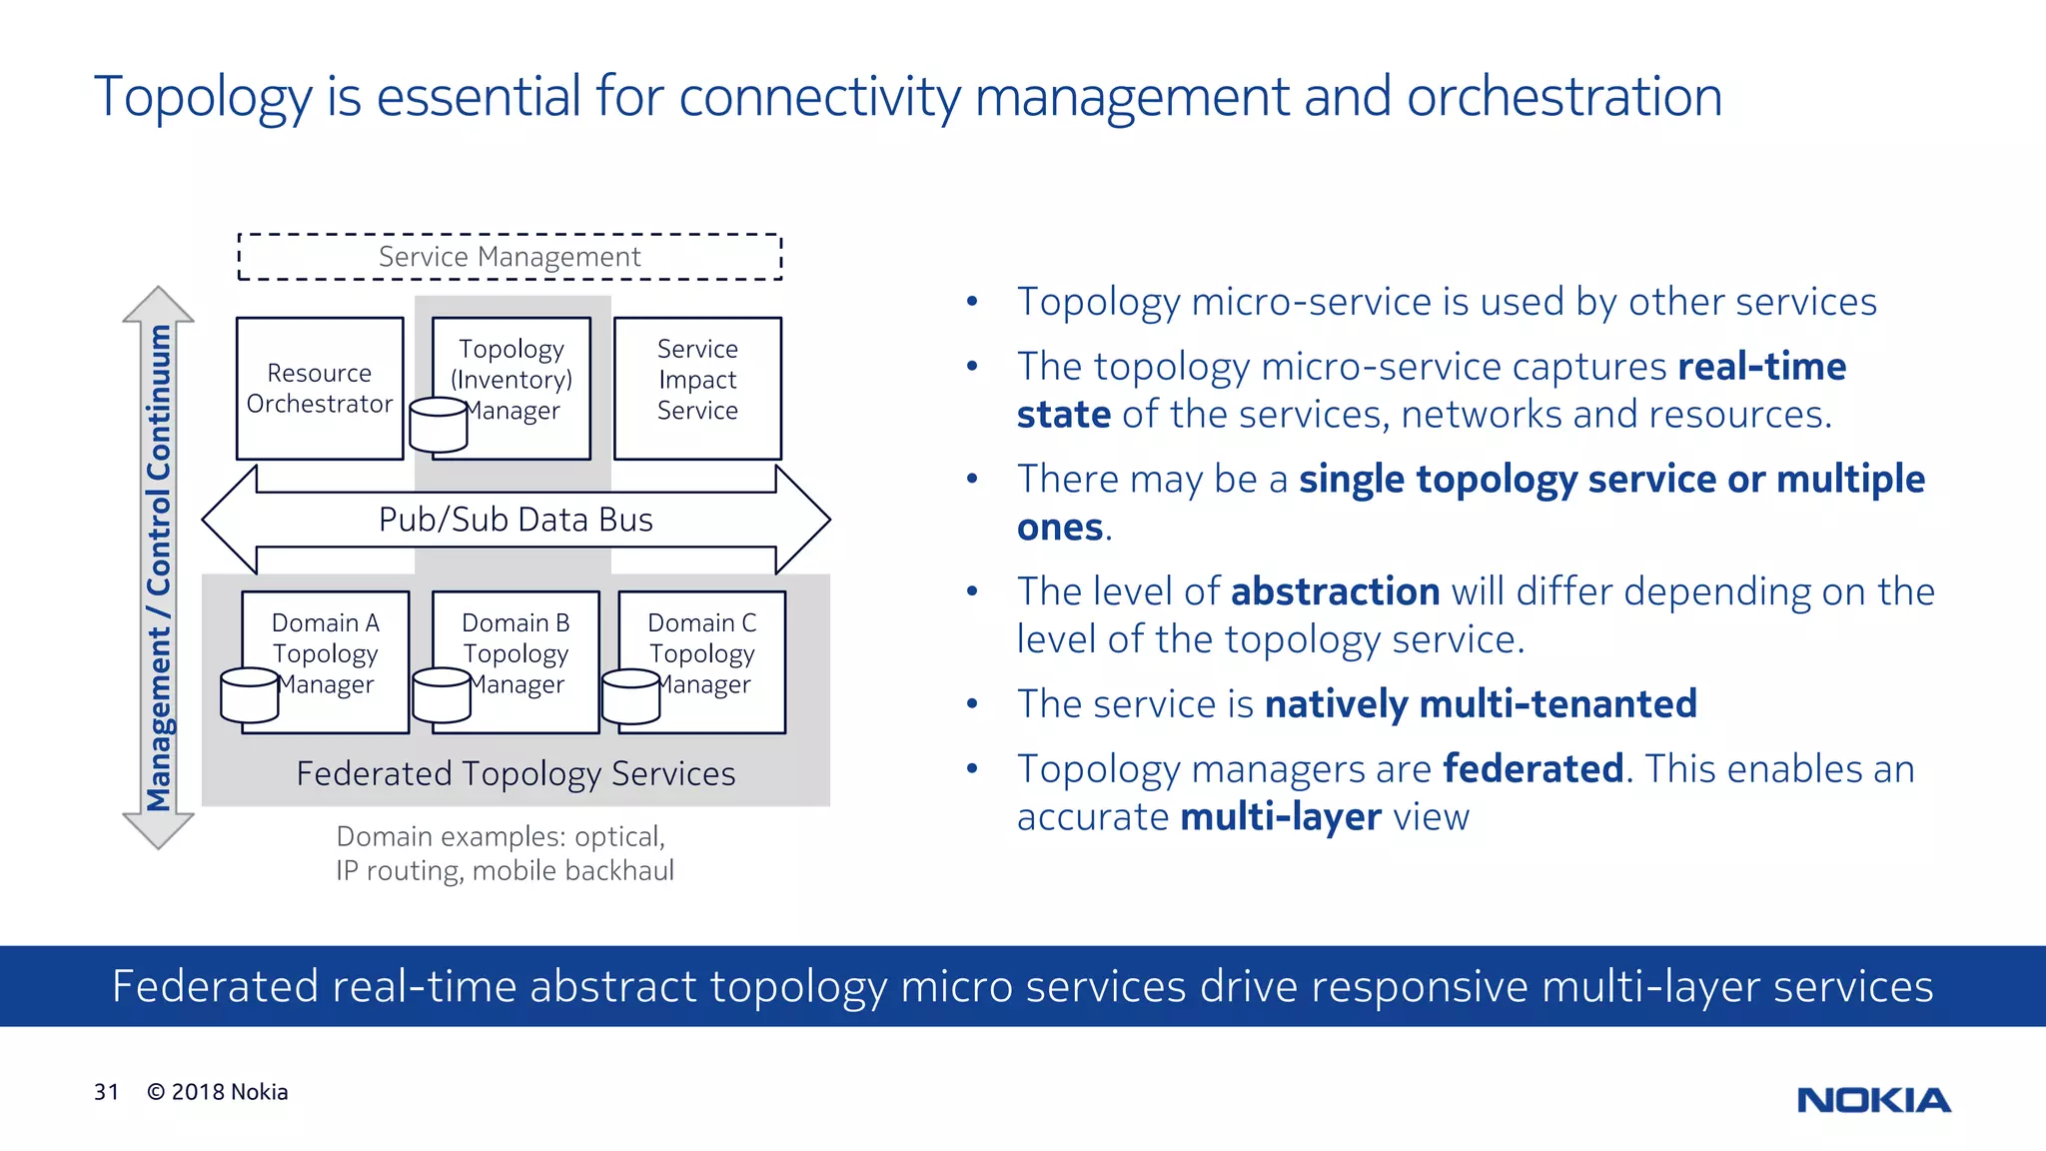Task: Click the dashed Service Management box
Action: [510, 257]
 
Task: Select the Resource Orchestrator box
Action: [320, 389]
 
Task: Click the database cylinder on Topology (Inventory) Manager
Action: [439, 425]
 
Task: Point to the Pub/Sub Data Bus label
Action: [515, 520]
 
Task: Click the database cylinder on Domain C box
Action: [630, 696]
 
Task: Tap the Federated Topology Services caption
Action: [515, 774]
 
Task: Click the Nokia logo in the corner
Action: [1873, 1100]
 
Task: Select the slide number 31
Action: [106, 1092]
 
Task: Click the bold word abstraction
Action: [1335, 591]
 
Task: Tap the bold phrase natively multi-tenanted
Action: [1481, 704]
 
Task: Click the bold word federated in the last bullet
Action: [1533, 769]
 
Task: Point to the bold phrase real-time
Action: [1761, 367]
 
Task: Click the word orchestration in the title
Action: [1563, 97]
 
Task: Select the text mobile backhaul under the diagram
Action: [572, 871]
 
